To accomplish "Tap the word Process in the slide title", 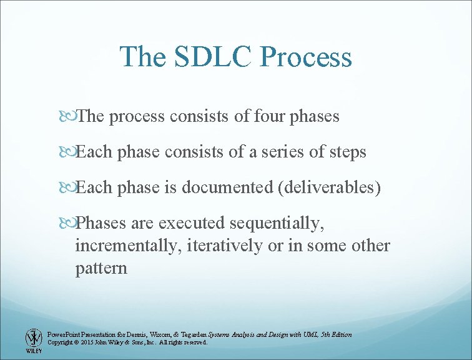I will click(306, 57).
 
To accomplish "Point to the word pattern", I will click(101, 269).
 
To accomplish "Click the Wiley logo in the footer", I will click(32, 341).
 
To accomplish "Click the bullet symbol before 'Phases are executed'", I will click(68, 223).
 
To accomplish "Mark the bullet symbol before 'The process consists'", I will click(68, 116).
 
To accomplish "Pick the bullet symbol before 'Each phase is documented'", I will click(68, 187).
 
